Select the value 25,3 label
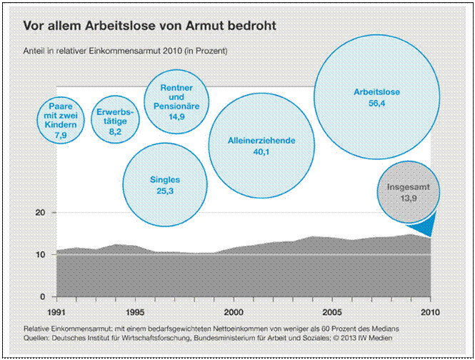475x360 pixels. pos(164,192)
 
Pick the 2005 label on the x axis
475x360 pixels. pos(331,313)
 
